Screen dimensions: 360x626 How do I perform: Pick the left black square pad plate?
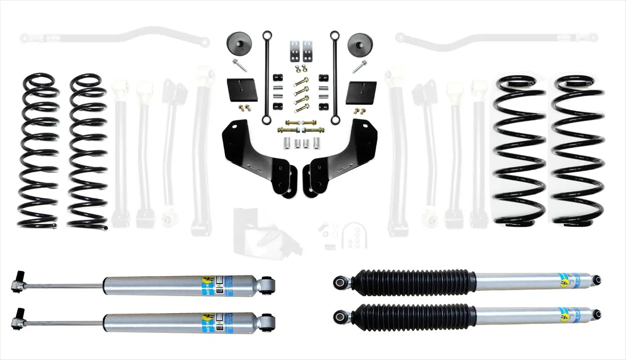242,90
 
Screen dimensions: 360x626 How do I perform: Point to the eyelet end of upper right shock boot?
342,282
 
